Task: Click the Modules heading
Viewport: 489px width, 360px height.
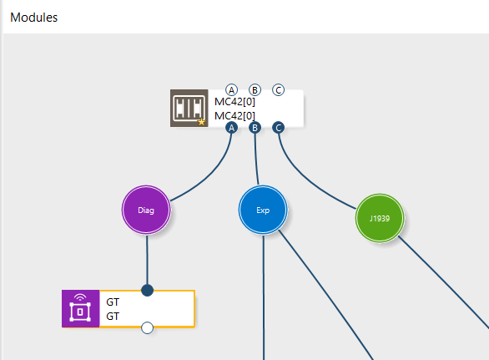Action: (x=33, y=18)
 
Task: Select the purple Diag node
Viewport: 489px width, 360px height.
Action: (x=146, y=210)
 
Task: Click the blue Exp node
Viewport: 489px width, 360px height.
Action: (x=263, y=210)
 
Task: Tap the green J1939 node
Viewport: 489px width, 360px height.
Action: (x=380, y=218)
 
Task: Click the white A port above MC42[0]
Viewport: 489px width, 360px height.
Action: (x=231, y=90)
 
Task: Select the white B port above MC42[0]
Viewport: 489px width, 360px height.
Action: (x=255, y=90)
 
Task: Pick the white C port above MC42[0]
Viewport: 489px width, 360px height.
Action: (x=278, y=90)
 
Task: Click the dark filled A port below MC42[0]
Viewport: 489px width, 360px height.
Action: (x=231, y=128)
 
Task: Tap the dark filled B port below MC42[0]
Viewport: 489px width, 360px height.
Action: (x=255, y=128)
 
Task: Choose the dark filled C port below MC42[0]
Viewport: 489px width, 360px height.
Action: (x=278, y=128)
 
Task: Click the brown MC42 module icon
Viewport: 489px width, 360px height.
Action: (x=189, y=108)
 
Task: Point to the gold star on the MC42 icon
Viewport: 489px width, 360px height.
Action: (x=201, y=122)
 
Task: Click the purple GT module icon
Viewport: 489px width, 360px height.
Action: (x=80, y=308)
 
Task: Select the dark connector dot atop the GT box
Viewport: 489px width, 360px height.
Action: (x=147, y=290)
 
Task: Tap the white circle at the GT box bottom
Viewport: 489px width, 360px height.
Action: (x=147, y=327)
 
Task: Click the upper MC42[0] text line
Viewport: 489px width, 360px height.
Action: (x=234, y=101)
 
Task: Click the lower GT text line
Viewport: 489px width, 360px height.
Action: (x=113, y=317)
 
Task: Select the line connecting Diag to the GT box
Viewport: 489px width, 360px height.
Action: (x=147, y=259)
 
